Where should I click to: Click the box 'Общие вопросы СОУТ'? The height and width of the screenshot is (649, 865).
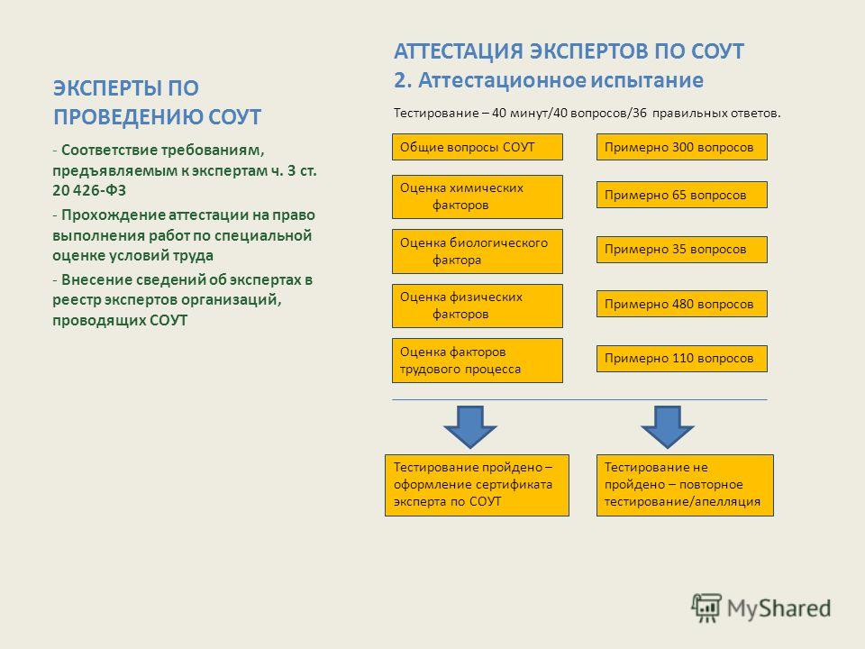click(x=478, y=147)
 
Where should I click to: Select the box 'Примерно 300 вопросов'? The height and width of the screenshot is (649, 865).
click(x=682, y=147)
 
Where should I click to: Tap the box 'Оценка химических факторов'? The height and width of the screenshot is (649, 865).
click(x=478, y=197)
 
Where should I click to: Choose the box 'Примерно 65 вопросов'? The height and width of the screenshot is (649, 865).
click(x=682, y=195)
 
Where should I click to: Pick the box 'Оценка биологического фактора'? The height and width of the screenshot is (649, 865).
click(x=478, y=251)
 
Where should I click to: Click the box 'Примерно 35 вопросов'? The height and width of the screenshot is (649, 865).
click(x=682, y=250)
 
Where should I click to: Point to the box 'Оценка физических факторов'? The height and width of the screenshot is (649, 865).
click(x=478, y=306)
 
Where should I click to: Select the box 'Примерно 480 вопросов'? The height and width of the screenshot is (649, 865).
click(x=682, y=304)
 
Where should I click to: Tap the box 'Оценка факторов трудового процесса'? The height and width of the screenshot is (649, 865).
click(x=478, y=361)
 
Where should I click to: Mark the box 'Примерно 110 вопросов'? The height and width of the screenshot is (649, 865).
click(x=682, y=358)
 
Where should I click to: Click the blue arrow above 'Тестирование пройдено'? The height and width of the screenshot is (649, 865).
click(x=470, y=427)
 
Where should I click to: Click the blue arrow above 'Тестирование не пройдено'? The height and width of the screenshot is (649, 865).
click(x=668, y=427)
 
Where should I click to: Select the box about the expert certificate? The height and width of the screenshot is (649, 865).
click(x=477, y=485)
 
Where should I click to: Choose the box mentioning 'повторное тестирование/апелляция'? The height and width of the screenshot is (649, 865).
click(x=685, y=485)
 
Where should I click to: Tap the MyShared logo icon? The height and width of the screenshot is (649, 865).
click(x=706, y=608)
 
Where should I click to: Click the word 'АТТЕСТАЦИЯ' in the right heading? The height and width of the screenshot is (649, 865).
click(x=459, y=51)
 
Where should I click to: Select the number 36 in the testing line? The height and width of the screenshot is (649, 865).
click(x=640, y=114)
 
